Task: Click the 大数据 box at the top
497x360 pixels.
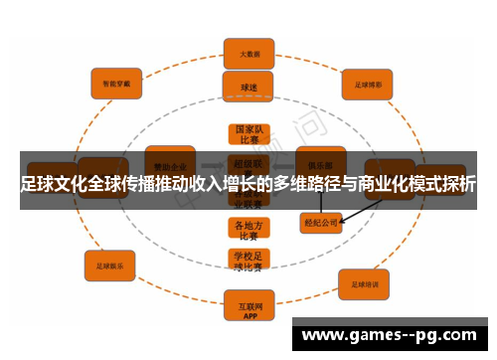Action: (248, 54)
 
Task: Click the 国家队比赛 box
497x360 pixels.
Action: (248, 135)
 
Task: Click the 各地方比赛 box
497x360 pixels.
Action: (248, 231)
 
